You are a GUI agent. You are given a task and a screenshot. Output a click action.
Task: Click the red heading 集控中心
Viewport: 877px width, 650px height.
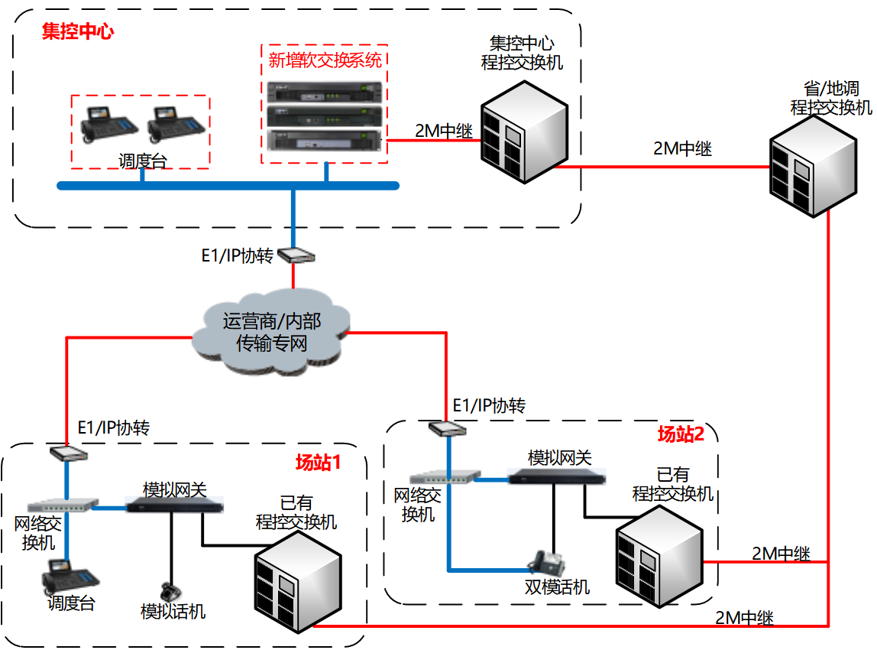pos(78,32)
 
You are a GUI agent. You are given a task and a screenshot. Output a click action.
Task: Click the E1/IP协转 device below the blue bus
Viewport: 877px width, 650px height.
pos(294,255)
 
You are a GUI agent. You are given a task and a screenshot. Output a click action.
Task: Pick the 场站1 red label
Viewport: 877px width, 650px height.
pos(317,462)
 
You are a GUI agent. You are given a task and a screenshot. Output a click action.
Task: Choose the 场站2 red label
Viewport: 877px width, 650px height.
pos(681,434)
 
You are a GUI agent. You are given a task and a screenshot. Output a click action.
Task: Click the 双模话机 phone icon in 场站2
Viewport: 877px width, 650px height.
pos(547,564)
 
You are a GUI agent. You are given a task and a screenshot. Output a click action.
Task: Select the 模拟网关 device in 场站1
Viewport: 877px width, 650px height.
pos(176,505)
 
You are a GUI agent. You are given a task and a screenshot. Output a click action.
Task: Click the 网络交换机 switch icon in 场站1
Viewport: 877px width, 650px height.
pos(63,505)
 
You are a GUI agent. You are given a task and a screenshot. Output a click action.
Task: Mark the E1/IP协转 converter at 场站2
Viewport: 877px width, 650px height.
pos(446,427)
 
